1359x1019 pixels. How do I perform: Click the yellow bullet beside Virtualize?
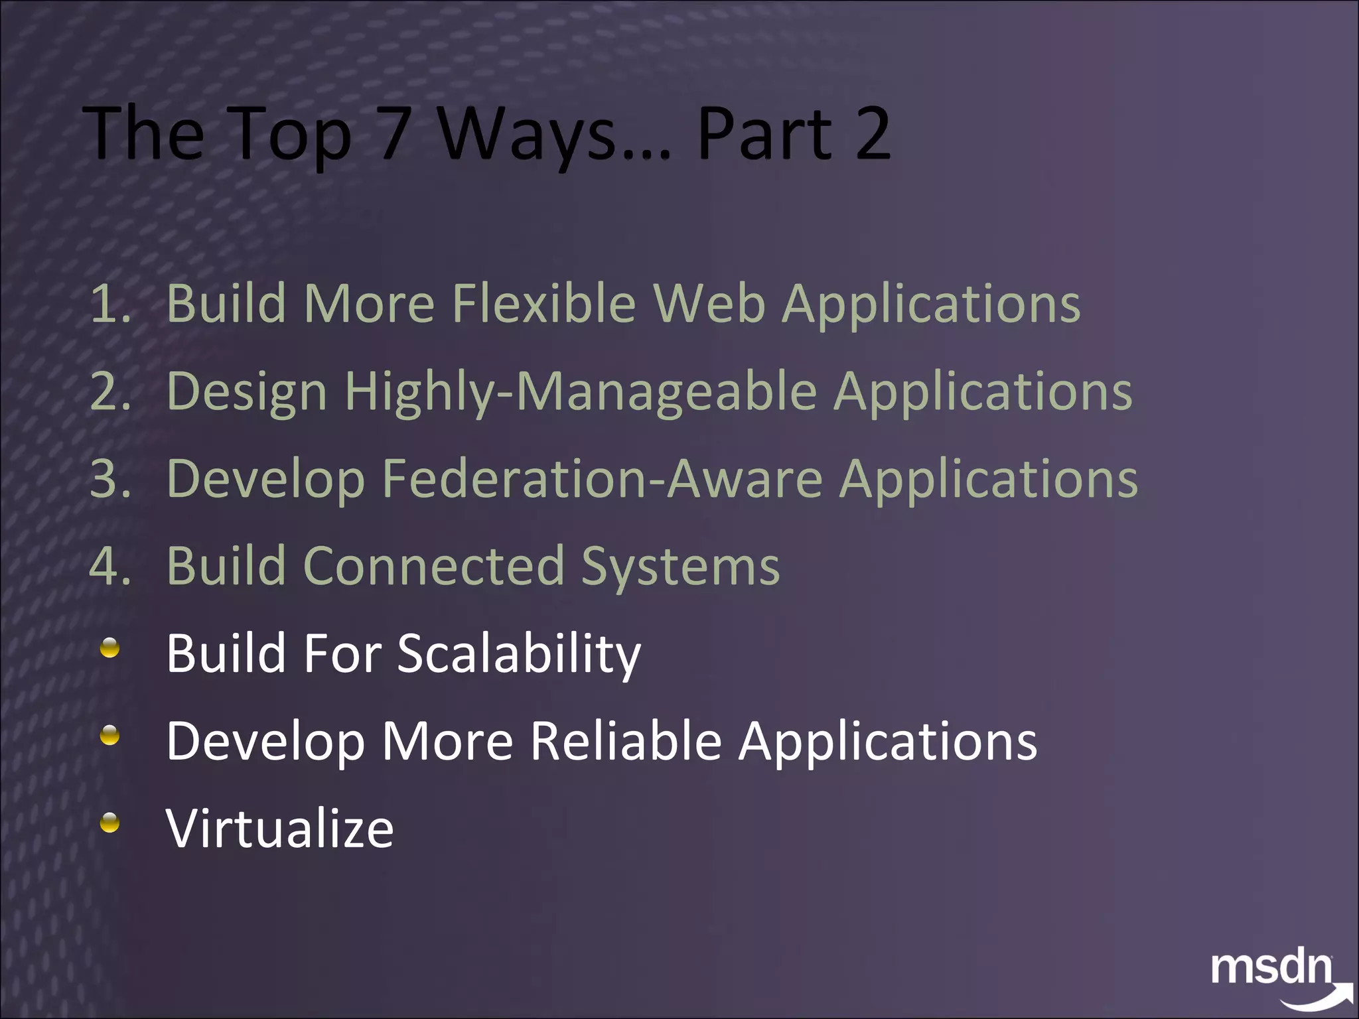pos(109,823)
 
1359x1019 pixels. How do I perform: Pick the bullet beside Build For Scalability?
pos(109,647)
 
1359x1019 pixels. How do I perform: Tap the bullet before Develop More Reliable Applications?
pos(109,735)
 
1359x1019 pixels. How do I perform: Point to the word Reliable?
pos(625,741)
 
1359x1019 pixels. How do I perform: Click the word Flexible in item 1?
pos(543,303)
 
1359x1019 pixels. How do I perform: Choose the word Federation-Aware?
pos(602,478)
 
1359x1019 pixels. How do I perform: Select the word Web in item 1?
pos(709,303)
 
